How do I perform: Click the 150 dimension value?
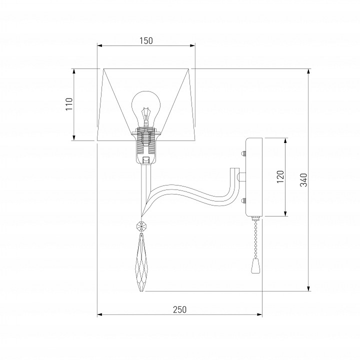click(x=146, y=41)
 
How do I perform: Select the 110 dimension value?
click(x=69, y=104)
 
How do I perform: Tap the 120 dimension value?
click(x=280, y=176)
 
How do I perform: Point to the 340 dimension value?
click(x=303, y=180)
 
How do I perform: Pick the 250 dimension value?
click(x=180, y=309)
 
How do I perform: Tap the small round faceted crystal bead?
click(x=141, y=227)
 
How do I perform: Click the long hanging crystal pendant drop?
click(x=141, y=262)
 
